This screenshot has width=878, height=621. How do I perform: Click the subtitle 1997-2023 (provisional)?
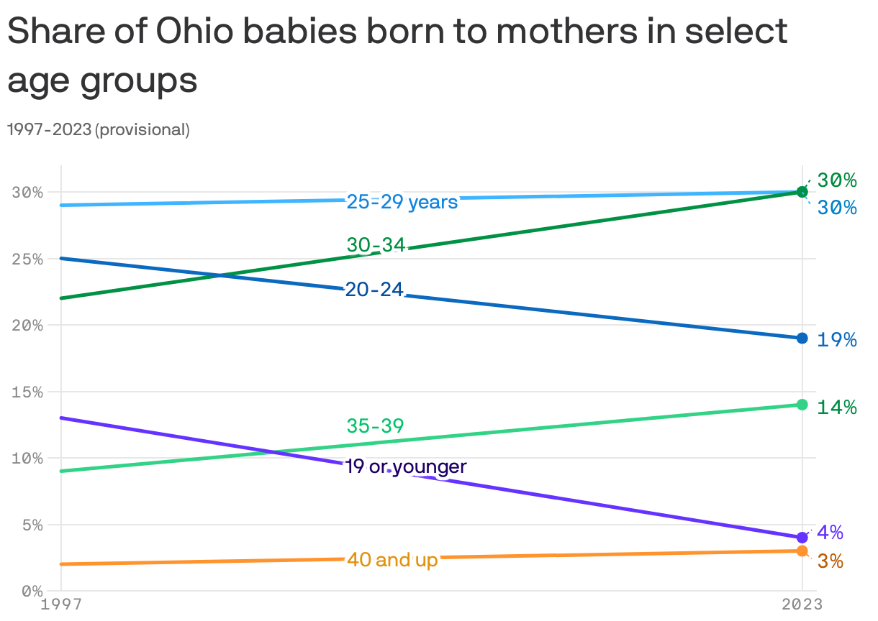pyautogui.click(x=99, y=130)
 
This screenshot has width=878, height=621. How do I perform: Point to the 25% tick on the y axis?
pyautogui.click(x=28, y=259)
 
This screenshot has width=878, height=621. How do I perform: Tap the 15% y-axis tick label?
pyautogui.click(x=28, y=392)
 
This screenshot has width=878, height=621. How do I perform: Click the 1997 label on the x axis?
pyautogui.click(x=61, y=605)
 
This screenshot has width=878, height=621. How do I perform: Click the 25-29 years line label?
pyautogui.click(x=402, y=202)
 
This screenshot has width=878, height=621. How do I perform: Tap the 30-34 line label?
pyautogui.click(x=376, y=245)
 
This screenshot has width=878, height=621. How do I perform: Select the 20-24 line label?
pyautogui.click(x=374, y=290)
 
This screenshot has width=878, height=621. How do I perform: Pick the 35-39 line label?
pyautogui.click(x=375, y=426)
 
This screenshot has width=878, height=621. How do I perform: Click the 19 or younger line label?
pyautogui.click(x=406, y=467)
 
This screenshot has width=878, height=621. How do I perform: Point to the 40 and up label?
pyautogui.click(x=392, y=559)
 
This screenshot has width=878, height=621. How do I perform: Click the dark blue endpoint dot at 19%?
pyautogui.click(x=802, y=338)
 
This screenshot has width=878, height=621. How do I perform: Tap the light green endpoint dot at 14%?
pyautogui.click(x=802, y=405)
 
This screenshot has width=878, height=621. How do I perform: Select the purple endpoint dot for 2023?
pyautogui.click(x=802, y=538)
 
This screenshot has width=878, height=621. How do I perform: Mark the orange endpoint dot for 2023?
pyautogui.click(x=802, y=551)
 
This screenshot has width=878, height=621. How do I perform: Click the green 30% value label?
pyautogui.click(x=836, y=180)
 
